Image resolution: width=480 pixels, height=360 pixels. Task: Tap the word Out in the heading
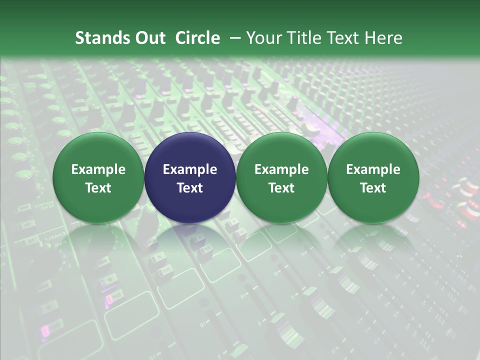150,38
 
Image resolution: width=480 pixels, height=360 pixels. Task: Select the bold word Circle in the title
197,38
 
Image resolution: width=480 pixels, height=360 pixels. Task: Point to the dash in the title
234,38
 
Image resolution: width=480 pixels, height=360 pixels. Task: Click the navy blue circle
190,177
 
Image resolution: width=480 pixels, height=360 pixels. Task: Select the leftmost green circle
98,177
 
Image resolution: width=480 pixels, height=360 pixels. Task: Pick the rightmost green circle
373,177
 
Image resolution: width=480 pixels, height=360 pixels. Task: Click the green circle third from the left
281,177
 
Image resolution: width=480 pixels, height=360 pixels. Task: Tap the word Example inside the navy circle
190,169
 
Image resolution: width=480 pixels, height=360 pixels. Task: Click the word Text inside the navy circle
190,188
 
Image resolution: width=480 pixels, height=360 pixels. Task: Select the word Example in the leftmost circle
98,169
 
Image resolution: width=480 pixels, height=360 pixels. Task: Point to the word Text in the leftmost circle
98,188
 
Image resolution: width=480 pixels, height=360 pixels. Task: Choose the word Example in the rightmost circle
373,169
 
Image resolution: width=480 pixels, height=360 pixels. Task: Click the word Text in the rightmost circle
373,188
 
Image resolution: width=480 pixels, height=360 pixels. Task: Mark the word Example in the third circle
281,169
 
